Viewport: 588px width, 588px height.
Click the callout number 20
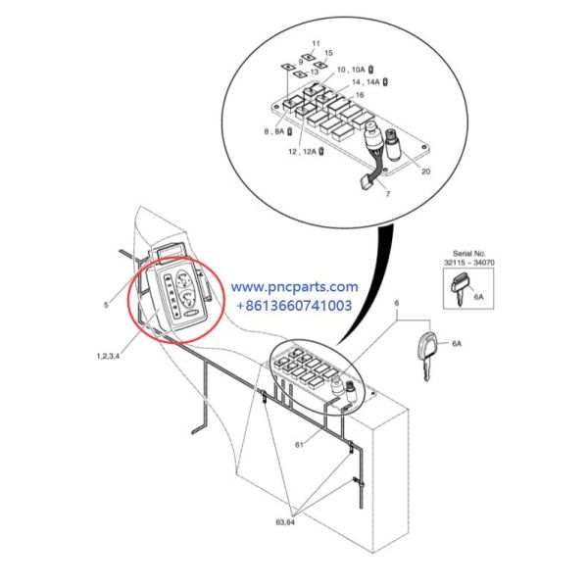pyautogui.click(x=425, y=171)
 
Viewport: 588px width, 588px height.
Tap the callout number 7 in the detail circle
pyautogui.click(x=388, y=193)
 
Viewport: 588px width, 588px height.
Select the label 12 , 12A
pyautogui.click(x=302, y=152)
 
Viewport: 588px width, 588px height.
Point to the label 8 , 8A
pyautogui.click(x=274, y=131)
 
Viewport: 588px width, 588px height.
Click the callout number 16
pyautogui.click(x=360, y=95)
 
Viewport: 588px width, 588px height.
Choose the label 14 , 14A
pyautogui.click(x=366, y=81)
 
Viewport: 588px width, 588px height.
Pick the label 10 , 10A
pyautogui.click(x=351, y=70)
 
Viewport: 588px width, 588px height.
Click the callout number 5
pyautogui.click(x=106, y=305)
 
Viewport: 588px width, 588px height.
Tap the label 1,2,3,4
pyautogui.click(x=108, y=356)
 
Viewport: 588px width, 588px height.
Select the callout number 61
pyautogui.click(x=299, y=445)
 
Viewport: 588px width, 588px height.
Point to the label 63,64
pyautogui.click(x=285, y=522)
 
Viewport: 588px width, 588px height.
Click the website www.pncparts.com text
pyautogui.click(x=294, y=287)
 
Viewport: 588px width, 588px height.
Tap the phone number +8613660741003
pyautogui.click(x=294, y=305)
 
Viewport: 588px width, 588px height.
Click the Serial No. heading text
pyautogui.click(x=468, y=253)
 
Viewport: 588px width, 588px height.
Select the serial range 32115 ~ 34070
pyautogui.click(x=468, y=263)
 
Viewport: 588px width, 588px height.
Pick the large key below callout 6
pyautogui.click(x=426, y=355)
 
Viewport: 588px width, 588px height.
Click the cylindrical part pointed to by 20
pyautogui.click(x=394, y=144)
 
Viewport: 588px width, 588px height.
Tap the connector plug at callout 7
pyautogui.click(x=365, y=183)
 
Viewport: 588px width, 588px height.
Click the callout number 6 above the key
pyautogui.click(x=397, y=303)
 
